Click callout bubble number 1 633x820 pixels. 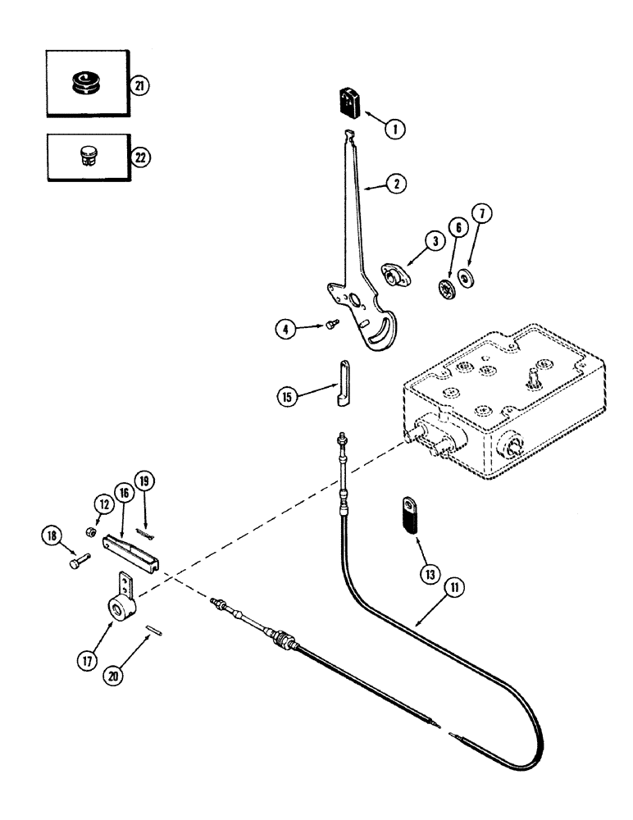point(395,128)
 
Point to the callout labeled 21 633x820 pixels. point(141,86)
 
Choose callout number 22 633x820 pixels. point(141,158)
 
